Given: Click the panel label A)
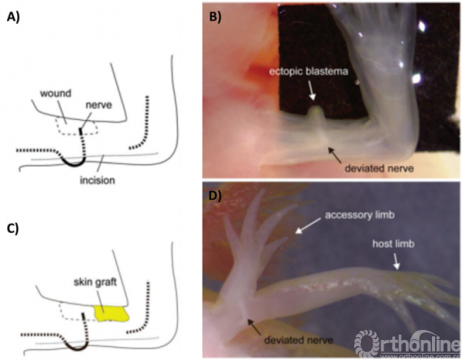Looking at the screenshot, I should [16, 19].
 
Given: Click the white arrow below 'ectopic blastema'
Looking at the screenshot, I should [312, 90].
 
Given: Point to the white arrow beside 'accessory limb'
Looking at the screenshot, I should [307, 225].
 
